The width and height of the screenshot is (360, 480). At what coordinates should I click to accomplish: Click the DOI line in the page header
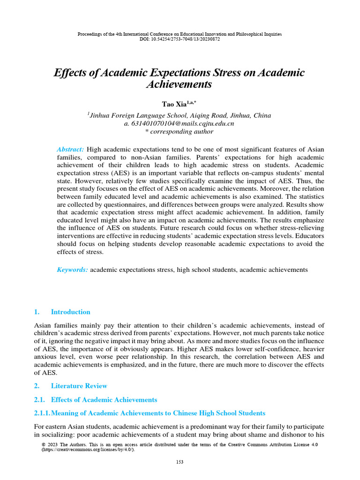180,39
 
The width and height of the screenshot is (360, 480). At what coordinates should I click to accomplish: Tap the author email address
179,124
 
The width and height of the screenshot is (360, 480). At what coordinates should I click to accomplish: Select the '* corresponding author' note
179,132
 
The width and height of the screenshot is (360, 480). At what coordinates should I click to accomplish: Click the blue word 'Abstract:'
70,149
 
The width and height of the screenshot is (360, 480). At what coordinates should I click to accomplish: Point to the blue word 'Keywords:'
72,270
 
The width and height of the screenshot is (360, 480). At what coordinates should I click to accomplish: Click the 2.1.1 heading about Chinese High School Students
150,413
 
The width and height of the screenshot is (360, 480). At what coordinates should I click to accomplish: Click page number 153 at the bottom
180,462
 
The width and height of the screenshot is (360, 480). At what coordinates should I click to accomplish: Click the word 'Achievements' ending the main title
179,85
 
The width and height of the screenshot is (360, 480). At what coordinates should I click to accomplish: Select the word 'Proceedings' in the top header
89,35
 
